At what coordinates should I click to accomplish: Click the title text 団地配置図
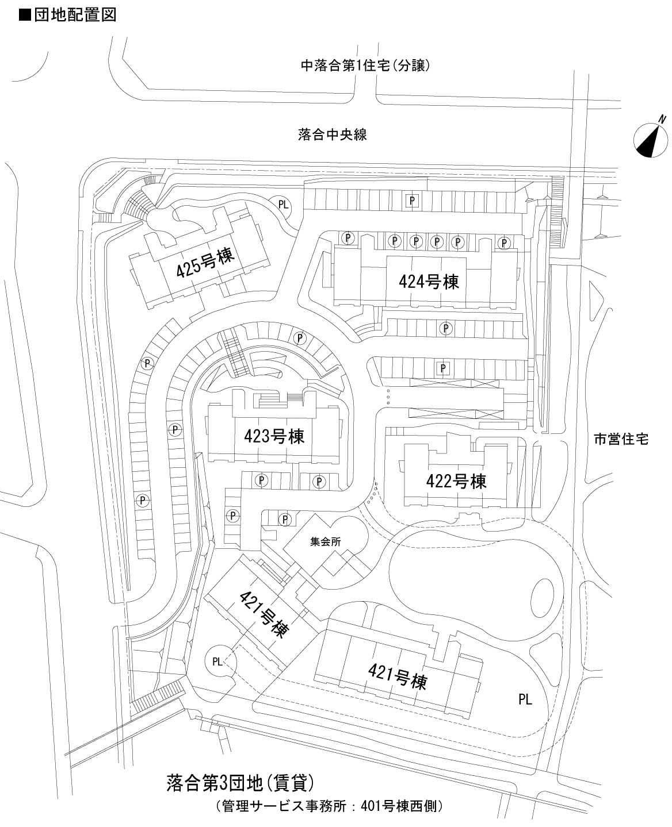[75, 14]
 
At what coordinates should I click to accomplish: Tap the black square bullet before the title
[24, 15]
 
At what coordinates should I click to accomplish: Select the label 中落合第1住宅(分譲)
[366, 66]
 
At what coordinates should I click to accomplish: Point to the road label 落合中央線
[333, 135]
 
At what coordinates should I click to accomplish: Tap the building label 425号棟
[205, 264]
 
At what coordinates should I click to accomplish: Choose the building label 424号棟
[429, 282]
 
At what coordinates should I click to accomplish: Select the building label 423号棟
[274, 436]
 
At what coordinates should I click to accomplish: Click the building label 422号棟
[456, 481]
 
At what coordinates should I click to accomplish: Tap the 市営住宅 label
[621, 440]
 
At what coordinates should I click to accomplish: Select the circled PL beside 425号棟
[283, 205]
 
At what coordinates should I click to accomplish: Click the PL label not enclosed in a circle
[525, 699]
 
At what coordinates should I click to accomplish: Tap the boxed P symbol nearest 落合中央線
[412, 200]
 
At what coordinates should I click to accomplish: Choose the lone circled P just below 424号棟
[445, 328]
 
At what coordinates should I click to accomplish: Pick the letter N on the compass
[663, 119]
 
